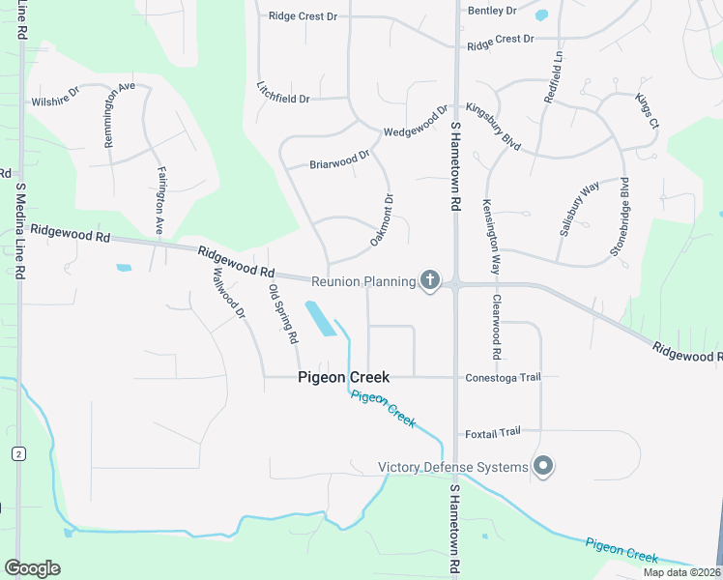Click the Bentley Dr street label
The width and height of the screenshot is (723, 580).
point(492,11)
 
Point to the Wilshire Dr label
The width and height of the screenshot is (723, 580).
point(55,100)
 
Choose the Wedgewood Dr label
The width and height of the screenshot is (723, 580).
point(416,121)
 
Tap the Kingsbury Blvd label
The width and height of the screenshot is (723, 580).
point(492,127)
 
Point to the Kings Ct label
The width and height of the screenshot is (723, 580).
point(647,111)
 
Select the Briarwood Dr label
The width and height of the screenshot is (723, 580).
point(339,159)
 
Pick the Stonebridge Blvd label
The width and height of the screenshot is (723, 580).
point(625,217)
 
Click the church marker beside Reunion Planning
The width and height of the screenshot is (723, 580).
point(430,281)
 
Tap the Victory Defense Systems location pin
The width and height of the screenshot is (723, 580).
point(543,467)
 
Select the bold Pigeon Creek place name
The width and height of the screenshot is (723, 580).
point(343,377)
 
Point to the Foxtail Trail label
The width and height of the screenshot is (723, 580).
point(492,432)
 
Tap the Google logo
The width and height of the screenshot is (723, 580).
point(32,567)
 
